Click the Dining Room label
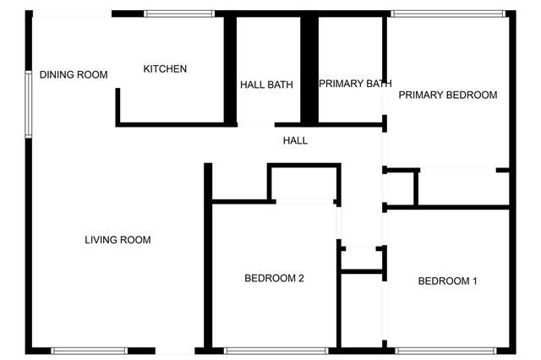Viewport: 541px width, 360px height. [x=74, y=74]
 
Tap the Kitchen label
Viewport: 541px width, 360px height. [x=165, y=69]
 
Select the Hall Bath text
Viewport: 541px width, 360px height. [x=266, y=85]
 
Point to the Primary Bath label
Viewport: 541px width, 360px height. [x=355, y=84]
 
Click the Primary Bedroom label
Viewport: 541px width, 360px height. [x=448, y=95]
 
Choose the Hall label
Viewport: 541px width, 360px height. [x=295, y=140]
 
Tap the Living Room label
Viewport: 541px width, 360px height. [x=117, y=240]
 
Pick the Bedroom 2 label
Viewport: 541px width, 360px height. [x=274, y=278]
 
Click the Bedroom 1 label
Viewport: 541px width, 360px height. [x=447, y=281]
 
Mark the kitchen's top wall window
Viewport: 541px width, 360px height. [x=179, y=14]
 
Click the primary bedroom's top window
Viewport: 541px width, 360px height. [x=448, y=14]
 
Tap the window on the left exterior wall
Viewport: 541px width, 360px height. [x=29, y=104]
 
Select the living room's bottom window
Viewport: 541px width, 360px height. [x=90, y=351]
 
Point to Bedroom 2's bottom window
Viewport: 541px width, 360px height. [x=276, y=351]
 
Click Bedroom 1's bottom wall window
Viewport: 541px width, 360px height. [x=445, y=351]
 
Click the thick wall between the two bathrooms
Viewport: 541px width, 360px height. [x=309, y=69]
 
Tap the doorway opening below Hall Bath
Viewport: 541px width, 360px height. [x=255, y=124]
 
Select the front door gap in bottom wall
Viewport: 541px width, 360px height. [x=175, y=351]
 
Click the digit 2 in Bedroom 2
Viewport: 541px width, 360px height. [x=301, y=278]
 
